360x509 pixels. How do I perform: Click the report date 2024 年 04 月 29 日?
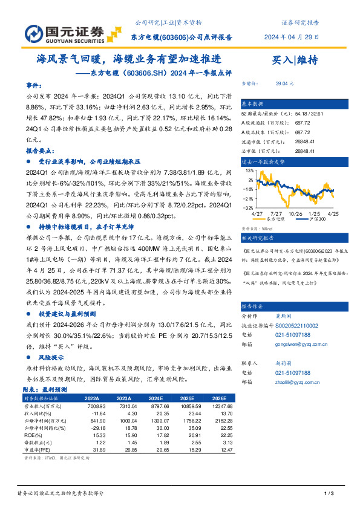click(292, 37)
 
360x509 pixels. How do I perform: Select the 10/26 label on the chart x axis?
click(295, 213)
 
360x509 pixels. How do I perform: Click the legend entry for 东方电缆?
click(276, 220)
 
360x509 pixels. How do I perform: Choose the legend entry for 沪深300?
click(318, 220)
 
